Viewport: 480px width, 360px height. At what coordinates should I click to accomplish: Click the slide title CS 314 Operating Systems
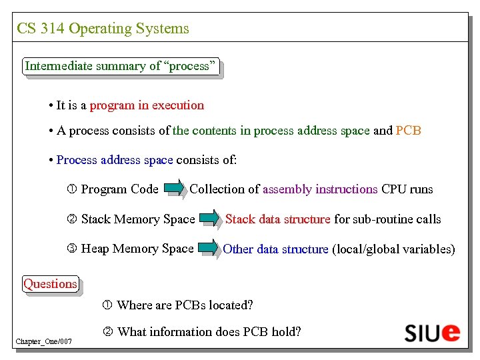click(103, 29)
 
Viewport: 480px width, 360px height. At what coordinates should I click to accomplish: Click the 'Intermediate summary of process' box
click(121, 66)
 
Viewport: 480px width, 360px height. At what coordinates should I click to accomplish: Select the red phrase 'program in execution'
click(147, 105)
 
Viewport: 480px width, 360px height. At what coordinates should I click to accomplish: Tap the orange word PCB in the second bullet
click(408, 131)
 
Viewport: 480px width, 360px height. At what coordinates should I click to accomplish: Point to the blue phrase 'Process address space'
click(115, 160)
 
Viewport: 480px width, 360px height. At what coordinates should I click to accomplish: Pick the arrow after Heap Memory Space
click(208, 249)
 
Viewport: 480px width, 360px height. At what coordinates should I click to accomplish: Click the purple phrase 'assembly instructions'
click(320, 189)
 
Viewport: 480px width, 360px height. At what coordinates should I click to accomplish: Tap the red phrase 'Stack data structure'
click(278, 219)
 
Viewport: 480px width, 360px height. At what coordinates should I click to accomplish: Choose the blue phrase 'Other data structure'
click(275, 249)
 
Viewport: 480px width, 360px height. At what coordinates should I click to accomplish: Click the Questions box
click(50, 284)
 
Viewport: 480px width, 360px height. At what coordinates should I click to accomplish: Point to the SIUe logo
click(432, 332)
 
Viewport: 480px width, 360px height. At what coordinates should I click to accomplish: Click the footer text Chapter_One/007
click(44, 342)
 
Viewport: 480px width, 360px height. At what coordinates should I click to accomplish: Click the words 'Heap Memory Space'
click(137, 249)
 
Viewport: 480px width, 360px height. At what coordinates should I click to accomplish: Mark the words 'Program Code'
click(119, 189)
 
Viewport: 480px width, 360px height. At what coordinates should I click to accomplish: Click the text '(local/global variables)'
click(393, 249)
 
